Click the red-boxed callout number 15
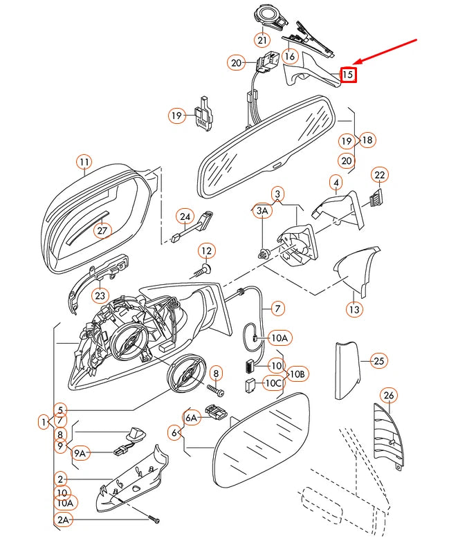tap(348, 74)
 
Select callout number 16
tap(289, 56)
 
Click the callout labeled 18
tap(367, 140)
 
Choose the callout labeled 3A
tap(262, 210)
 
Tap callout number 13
tap(354, 309)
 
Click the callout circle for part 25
tap(378, 360)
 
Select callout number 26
tap(389, 396)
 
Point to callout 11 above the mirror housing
tap(84, 163)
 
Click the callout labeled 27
tap(102, 230)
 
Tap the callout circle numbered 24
tap(185, 217)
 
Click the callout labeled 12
tap(206, 250)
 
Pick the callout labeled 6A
tap(192, 416)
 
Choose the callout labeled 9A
tap(81, 453)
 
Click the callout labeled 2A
tap(63, 519)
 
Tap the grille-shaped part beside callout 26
tap(386, 436)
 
